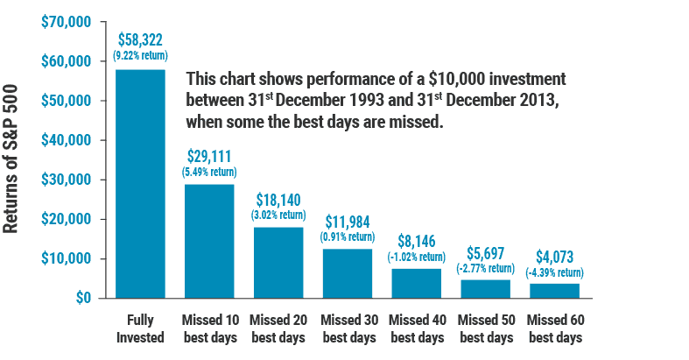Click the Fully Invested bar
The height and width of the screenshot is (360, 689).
pos(140,184)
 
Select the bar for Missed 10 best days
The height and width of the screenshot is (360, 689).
pos(208,241)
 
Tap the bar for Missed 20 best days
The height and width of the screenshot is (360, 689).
pos(278,263)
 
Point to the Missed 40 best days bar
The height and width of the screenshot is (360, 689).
pos(416,283)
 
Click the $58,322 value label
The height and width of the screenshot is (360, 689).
pos(140,41)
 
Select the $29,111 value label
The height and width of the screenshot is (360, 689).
pos(208,157)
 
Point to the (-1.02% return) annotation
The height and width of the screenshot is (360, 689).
pos(416,258)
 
